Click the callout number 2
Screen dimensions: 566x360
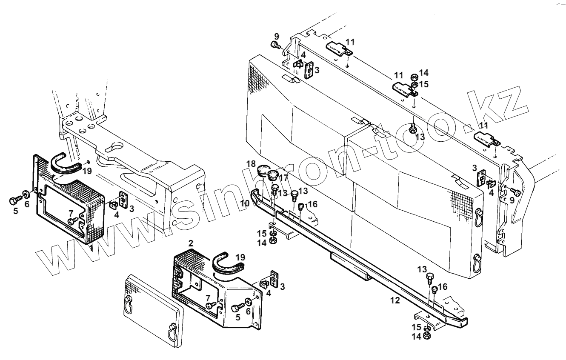(x=191, y=243)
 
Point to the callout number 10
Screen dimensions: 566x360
(x=244, y=204)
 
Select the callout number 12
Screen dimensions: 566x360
(x=395, y=300)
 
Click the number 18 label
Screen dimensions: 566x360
(x=250, y=164)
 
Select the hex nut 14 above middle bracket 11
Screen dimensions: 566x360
(x=413, y=77)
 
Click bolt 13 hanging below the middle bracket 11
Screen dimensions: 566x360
(x=413, y=128)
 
